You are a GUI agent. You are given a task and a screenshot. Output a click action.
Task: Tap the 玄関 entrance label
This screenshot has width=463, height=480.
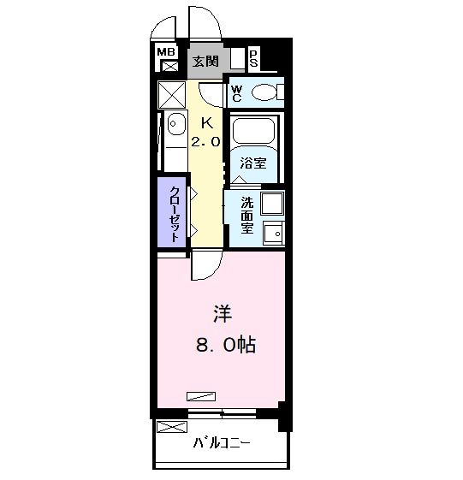(205, 61)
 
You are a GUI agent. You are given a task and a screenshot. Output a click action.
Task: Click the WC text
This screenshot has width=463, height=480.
(237, 92)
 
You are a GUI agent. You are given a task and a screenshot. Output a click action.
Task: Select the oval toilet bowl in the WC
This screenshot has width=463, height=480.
(266, 92)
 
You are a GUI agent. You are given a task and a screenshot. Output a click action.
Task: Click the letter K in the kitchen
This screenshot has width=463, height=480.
(205, 122)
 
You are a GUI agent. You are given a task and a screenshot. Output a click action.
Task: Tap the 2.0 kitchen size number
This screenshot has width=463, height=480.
(205, 142)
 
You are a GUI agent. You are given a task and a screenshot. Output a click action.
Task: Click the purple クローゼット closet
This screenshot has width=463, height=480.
(174, 214)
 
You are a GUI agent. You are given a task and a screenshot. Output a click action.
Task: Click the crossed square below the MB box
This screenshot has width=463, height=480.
(169, 66)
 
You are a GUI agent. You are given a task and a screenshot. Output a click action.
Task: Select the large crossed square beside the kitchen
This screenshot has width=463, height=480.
(172, 93)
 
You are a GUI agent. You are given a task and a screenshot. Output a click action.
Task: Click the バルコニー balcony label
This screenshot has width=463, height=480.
(221, 445)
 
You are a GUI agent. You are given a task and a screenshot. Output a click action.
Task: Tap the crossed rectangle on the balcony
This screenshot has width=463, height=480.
(171, 428)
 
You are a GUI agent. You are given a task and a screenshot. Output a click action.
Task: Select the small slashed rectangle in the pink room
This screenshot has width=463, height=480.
(203, 394)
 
